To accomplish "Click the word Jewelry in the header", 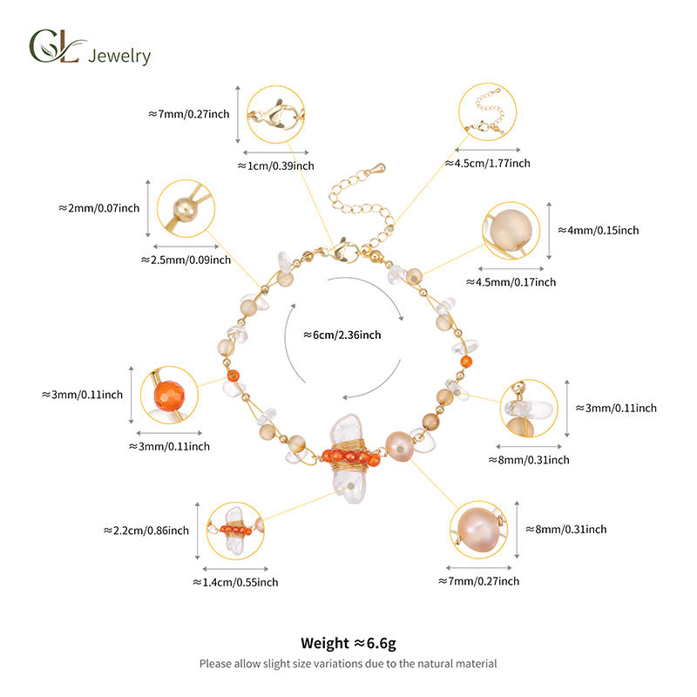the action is tap(120, 56).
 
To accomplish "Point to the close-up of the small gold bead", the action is tap(186, 206).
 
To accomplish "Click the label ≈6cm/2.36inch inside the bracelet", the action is tap(342, 334).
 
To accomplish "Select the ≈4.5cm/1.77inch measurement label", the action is tap(488, 163).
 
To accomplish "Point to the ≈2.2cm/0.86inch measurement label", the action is tap(145, 530).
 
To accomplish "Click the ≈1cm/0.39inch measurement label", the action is tap(275, 166).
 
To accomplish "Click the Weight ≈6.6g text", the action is tap(348, 643).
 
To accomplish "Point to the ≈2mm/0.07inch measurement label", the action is tap(100, 208).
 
